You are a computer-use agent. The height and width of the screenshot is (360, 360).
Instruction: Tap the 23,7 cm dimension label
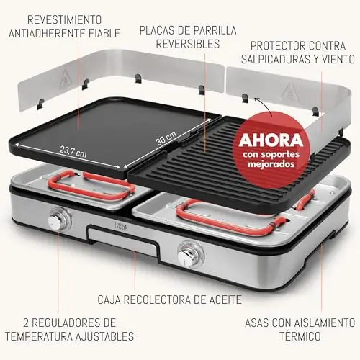click(73, 152)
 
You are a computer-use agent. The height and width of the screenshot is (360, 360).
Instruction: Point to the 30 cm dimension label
click(166, 138)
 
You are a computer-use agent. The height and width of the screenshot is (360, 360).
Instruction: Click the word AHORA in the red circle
click(271, 140)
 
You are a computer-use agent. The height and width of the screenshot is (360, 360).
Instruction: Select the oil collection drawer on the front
click(123, 238)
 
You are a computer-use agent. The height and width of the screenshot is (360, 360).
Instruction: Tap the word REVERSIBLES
click(188, 44)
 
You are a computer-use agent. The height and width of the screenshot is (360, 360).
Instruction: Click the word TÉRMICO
click(300, 336)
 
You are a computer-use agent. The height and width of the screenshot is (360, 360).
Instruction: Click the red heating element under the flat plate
click(91, 185)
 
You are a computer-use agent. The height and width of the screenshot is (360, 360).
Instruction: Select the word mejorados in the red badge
click(271, 164)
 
